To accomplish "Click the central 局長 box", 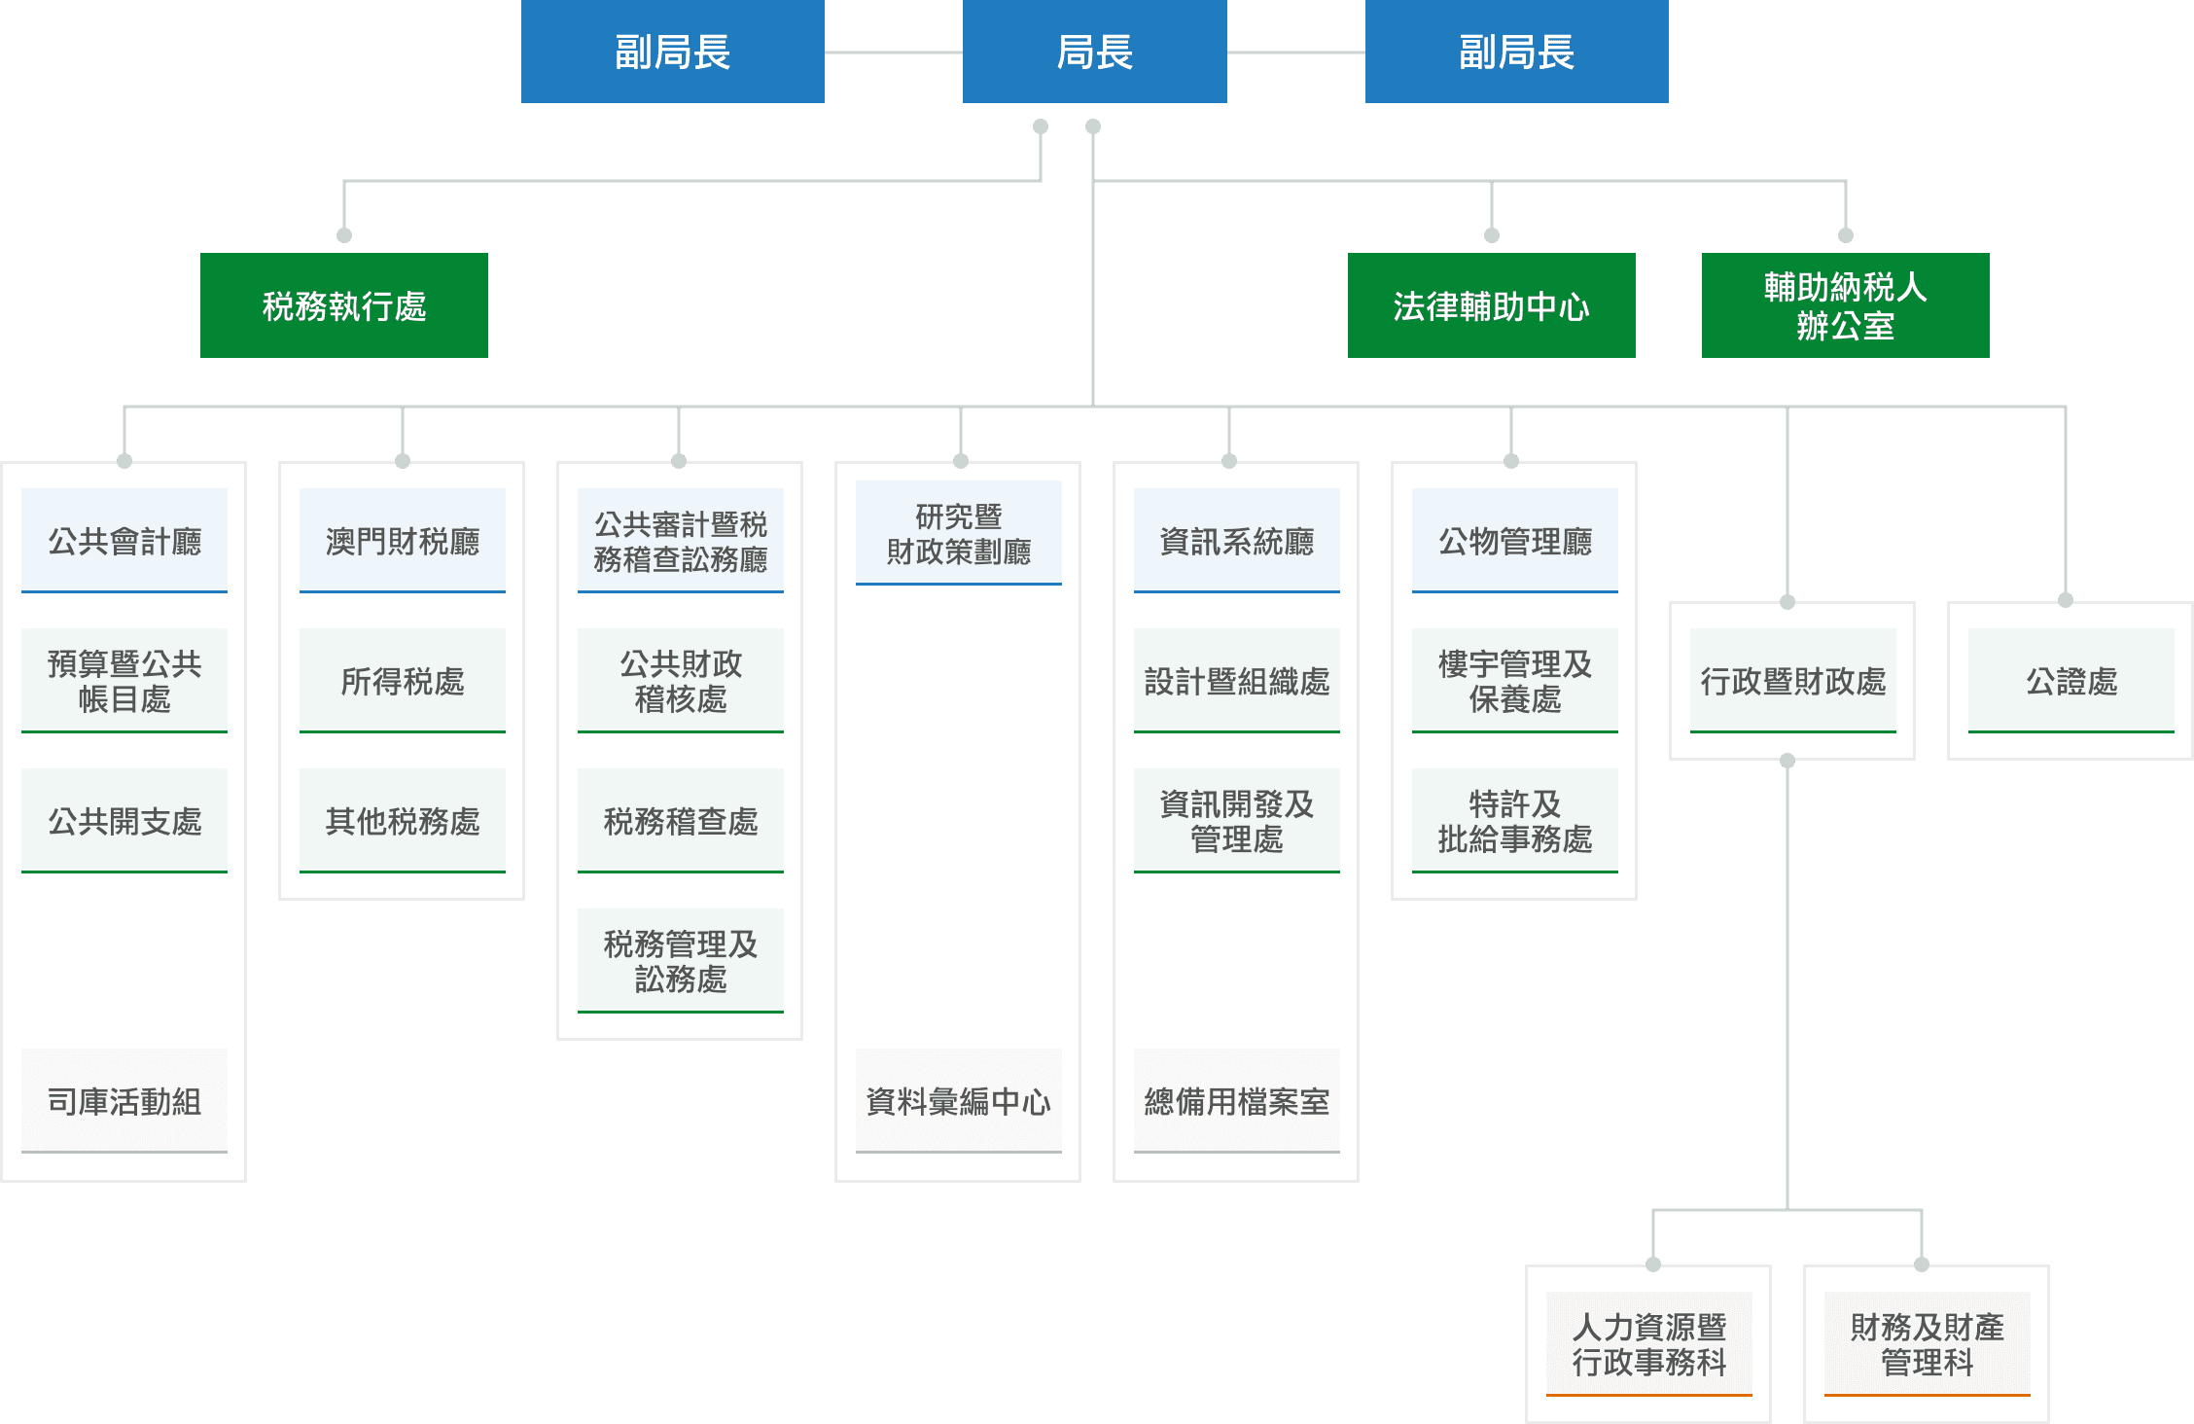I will [1094, 52].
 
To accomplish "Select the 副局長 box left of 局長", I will [672, 52].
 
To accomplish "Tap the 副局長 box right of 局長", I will [1516, 52].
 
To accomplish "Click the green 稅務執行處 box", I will [343, 305].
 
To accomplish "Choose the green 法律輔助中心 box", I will [1491, 305].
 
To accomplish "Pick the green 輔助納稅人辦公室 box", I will [1845, 305].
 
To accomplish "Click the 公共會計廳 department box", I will [124, 541].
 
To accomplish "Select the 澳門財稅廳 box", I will [402, 541].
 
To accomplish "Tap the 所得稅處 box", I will [402, 681].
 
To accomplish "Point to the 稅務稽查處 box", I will [680, 821].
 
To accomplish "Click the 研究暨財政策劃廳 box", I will [958, 533].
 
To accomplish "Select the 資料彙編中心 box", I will [958, 1101].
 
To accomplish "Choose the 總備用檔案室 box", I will [1236, 1101].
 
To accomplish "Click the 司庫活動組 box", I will [124, 1101].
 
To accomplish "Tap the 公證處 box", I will [2070, 681].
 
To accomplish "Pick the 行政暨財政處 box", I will [1792, 681].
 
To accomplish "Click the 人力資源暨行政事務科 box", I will [1648, 1344].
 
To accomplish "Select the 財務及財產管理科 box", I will [1927, 1344].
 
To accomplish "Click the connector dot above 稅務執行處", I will [343, 235].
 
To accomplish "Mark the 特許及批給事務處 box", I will [1514, 821].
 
